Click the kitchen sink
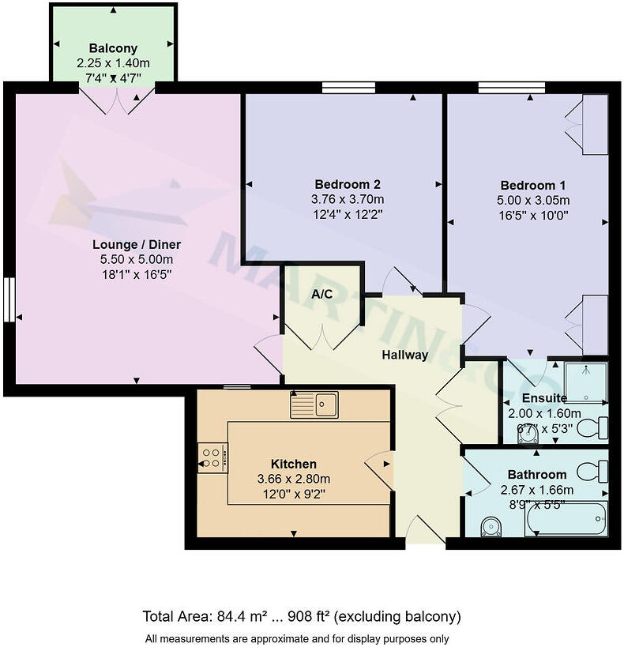314,404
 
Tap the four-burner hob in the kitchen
211,457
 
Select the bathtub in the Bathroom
566,518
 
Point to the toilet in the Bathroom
593,472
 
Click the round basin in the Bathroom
491,525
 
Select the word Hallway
404,355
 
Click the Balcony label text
115,47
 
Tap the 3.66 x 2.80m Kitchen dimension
294,479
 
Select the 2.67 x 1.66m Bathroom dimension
537,489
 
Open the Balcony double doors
117,100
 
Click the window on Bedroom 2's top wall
348,88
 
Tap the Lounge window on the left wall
9,299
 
